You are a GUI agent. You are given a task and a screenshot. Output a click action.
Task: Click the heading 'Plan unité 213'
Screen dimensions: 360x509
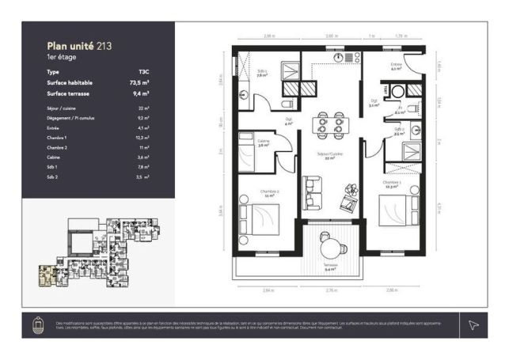(x=78, y=47)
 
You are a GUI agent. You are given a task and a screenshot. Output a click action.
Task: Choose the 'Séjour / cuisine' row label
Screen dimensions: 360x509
(x=63, y=107)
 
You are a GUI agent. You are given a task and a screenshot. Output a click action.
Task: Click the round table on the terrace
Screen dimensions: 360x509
(x=328, y=246)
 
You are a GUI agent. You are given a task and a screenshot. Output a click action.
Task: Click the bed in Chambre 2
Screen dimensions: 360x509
(x=260, y=215)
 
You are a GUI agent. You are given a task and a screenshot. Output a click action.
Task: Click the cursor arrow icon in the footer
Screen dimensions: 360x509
(x=473, y=324)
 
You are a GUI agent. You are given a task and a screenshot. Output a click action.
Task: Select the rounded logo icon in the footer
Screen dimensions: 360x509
(x=36, y=324)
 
